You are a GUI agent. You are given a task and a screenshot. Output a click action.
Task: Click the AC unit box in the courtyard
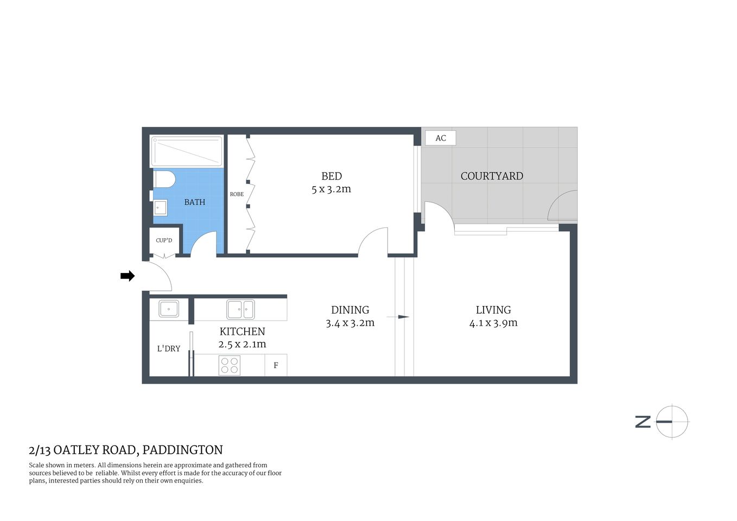coord(440,138)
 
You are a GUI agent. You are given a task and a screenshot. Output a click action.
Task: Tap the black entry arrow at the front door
coord(128,276)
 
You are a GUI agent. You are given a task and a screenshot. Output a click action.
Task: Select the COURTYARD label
coord(492,176)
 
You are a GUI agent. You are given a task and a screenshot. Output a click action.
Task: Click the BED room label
coord(332,176)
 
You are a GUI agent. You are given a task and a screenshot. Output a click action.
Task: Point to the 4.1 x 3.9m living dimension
coord(493,323)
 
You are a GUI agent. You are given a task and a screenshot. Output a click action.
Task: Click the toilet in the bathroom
coord(164,179)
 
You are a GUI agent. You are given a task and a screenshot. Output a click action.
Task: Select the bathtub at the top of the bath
coord(187,151)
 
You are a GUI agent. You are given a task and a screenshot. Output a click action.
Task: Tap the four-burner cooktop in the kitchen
coord(230,365)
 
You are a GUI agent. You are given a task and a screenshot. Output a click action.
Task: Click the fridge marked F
coord(276,365)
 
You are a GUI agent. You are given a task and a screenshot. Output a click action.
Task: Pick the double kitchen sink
coord(240,310)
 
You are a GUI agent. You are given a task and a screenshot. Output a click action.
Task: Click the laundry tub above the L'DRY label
coord(169,309)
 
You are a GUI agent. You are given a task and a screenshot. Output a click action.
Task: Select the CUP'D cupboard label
coord(164,240)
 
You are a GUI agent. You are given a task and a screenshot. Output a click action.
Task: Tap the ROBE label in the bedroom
coord(237,194)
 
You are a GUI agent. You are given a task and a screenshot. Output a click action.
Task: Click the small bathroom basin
coord(160,207)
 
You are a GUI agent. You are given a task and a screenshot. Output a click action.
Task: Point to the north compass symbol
coord(671,422)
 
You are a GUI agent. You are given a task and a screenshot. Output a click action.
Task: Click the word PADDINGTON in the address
coord(182,450)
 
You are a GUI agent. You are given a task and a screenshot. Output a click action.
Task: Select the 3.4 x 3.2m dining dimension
coord(350,323)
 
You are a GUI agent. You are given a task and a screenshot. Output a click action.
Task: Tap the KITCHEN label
coord(242,331)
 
